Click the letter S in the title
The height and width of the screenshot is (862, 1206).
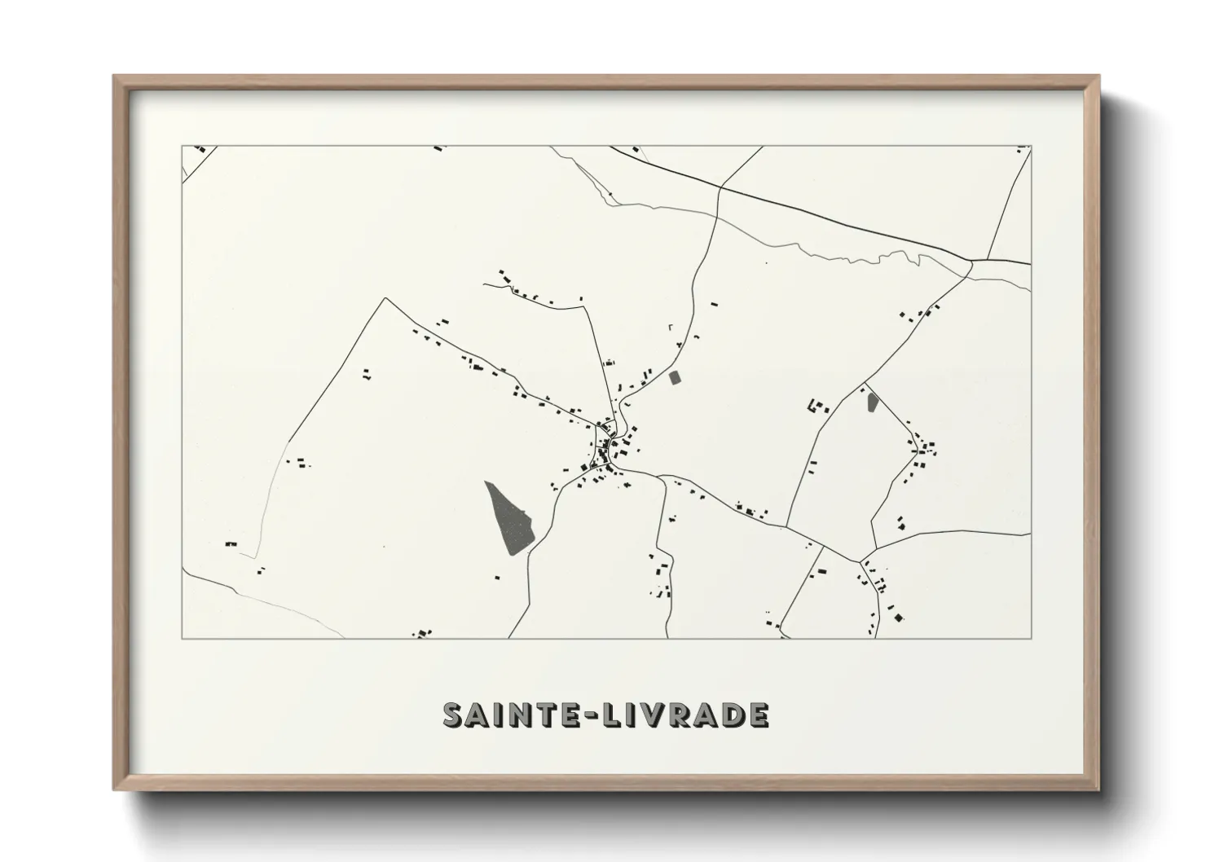(455, 715)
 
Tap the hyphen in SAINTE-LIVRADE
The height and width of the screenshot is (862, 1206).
(592, 715)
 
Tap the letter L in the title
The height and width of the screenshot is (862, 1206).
(614, 715)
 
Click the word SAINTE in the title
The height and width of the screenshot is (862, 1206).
(510, 715)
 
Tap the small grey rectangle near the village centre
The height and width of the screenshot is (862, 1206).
(675, 378)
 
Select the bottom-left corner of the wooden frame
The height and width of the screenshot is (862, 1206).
(115, 789)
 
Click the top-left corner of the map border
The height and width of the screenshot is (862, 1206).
(183, 147)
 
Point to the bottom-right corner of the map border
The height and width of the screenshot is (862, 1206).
(1031, 638)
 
